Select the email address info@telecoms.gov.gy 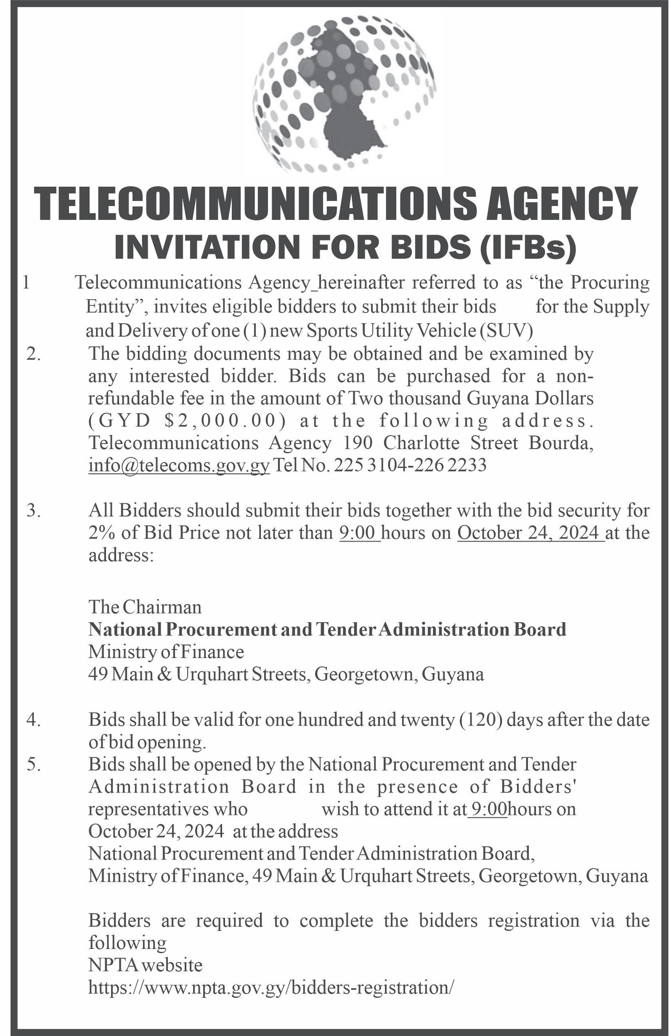click(x=179, y=465)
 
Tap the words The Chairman click(x=145, y=607)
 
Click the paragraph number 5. click(x=34, y=764)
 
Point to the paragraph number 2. click(x=34, y=354)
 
